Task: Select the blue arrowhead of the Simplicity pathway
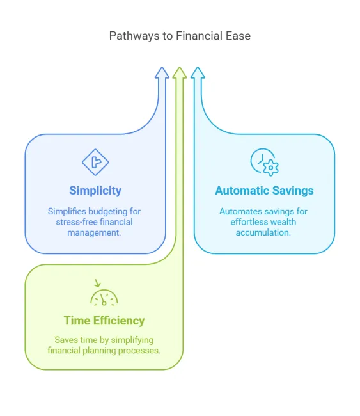(x=162, y=73)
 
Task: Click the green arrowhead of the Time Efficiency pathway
(x=180, y=73)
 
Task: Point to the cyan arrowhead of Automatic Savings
(x=198, y=73)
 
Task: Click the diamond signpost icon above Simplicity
(x=95, y=162)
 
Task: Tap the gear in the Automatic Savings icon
(x=270, y=168)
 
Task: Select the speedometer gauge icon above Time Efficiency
(x=104, y=298)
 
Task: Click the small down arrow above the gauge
(x=98, y=283)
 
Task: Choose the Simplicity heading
(x=95, y=191)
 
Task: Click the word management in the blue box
(x=94, y=233)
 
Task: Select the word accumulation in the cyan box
(x=263, y=232)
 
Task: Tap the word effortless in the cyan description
(x=246, y=222)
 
